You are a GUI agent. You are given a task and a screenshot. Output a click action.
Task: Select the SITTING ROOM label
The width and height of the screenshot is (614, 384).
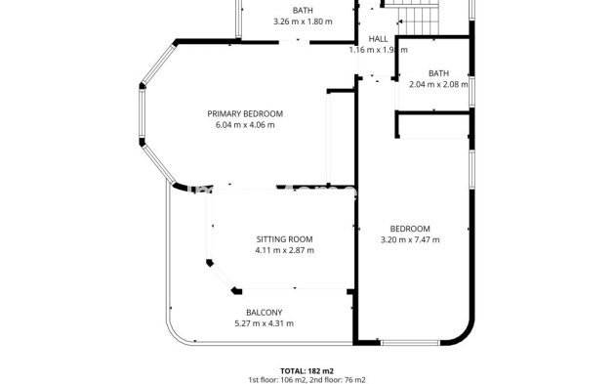point(284,239)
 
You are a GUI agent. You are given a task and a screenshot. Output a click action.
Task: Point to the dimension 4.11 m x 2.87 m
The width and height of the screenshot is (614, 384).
point(284,250)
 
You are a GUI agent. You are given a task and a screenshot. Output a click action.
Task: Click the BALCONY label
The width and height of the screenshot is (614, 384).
point(264,313)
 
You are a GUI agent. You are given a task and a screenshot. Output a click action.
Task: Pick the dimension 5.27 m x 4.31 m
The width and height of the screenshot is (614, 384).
point(264,323)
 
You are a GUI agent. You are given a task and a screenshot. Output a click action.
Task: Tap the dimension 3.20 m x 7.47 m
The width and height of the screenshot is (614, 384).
point(410,239)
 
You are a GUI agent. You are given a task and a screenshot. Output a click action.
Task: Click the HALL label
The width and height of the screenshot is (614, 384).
point(378,39)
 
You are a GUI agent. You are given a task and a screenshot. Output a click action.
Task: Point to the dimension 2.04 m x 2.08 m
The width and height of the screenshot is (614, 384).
point(438,84)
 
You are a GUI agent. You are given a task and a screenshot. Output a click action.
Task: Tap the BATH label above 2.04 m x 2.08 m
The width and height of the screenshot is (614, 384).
point(438,73)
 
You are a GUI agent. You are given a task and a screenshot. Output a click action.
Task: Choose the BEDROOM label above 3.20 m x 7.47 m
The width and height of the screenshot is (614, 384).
point(410,229)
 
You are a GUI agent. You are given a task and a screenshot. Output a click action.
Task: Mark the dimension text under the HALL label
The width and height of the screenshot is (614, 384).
point(378,50)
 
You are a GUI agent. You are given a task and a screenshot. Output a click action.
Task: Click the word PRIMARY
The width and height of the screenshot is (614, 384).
point(225,114)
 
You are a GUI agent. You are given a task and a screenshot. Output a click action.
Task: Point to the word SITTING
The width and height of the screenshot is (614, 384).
point(271,239)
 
